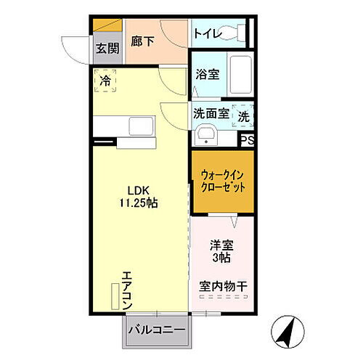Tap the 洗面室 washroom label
point(211,113)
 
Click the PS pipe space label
point(247,141)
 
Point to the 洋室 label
point(220,245)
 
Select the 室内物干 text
point(223,287)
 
